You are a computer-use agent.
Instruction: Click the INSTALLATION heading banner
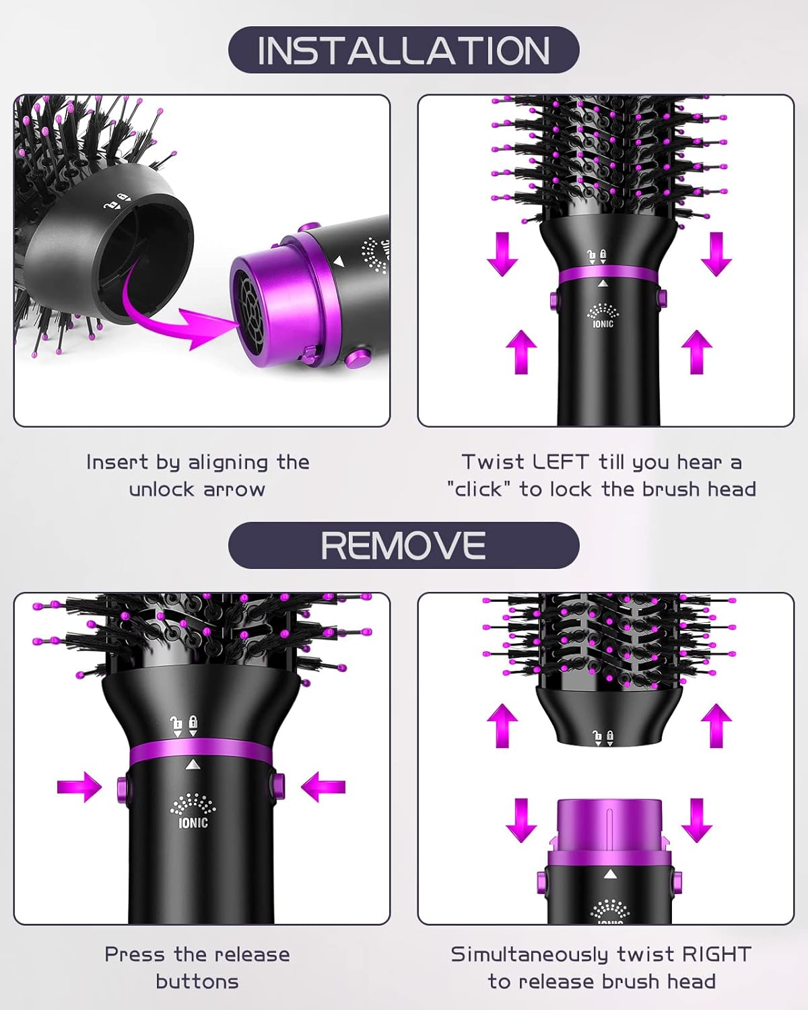tap(403, 50)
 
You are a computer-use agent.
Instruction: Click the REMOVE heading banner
tap(403, 545)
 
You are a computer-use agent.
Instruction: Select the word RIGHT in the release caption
tap(716, 954)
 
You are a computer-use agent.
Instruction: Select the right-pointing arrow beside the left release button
tap(79, 786)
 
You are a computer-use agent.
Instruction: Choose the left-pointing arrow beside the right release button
tap(323, 786)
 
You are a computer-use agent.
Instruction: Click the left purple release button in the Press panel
tap(122, 786)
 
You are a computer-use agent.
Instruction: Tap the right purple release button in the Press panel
tap(277, 786)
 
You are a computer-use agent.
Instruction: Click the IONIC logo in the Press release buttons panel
tap(193, 811)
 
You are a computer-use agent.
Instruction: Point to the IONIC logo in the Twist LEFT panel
tap(603, 316)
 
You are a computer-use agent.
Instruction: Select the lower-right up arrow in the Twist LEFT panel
tap(696, 351)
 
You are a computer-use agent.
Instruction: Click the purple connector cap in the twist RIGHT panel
tap(609, 828)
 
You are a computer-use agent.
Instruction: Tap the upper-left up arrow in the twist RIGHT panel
tap(502, 725)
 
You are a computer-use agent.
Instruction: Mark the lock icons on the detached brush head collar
tap(603, 737)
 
